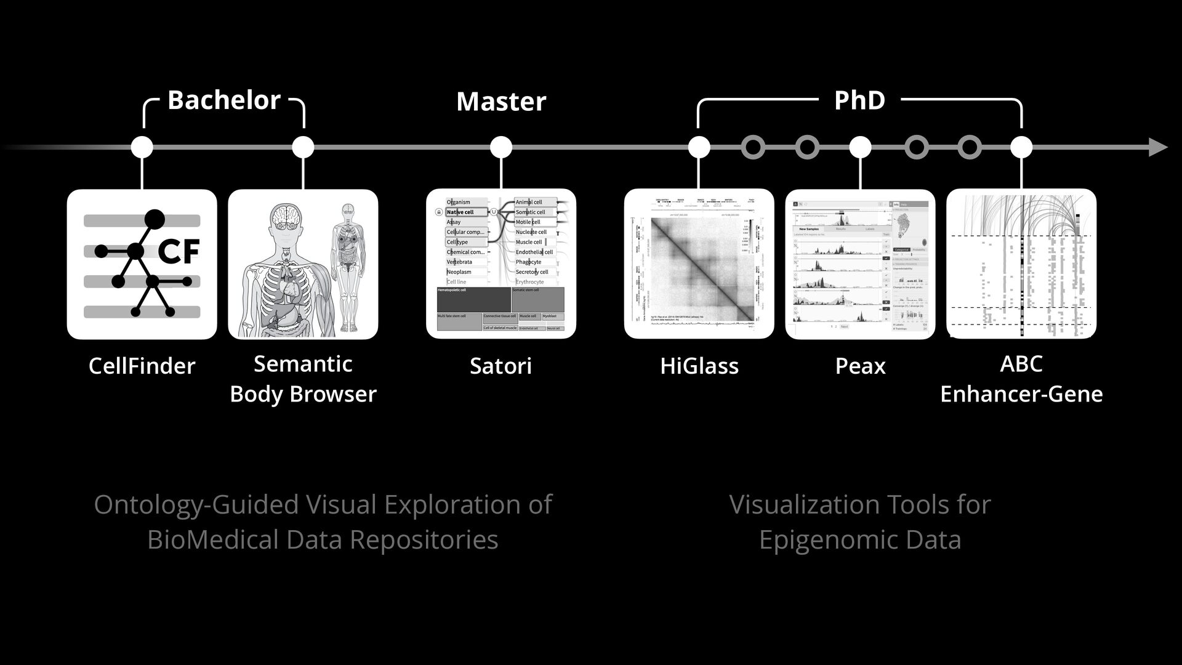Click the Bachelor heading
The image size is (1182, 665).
pyautogui.click(x=223, y=100)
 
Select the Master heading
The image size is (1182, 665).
pyautogui.click(x=501, y=102)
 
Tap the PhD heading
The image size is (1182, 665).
pyautogui.click(x=859, y=100)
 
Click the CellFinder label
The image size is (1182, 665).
pyautogui.click(x=142, y=366)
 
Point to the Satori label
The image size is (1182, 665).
pyautogui.click(x=501, y=366)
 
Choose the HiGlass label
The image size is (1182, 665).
pyautogui.click(x=699, y=366)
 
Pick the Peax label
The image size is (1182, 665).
pyautogui.click(x=860, y=366)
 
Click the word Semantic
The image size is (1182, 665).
pyautogui.click(x=303, y=364)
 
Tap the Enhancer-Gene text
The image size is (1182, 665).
pyautogui.click(x=1021, y=394)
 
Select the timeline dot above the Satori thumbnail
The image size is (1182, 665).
pyautogui.click(x=501, y=147)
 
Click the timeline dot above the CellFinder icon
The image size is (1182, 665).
pyautogui.click(x=142, y=147)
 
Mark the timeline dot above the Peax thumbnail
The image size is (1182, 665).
pyautogui.click(x=860, y=147)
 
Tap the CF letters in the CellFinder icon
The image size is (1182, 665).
pyautogui.click(x=179, y=251)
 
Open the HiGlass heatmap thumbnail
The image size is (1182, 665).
pyautogui.click(x=699, y=265)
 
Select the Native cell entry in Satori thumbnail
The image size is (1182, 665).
pyautogui.click(x=460, y=212)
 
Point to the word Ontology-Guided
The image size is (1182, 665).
pyautogui.click(x=195, y=505)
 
